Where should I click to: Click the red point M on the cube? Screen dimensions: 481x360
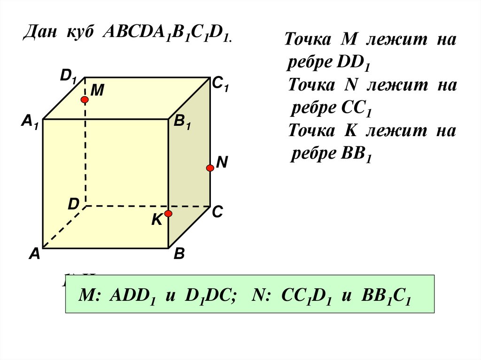[x=85, y=100]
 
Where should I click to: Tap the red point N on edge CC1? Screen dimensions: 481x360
[x=210, y=167]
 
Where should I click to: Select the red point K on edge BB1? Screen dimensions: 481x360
[x=168, y=214]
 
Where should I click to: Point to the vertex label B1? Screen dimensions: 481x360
[x=182, y=123]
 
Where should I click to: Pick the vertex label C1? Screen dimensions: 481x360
[x=220, y=84]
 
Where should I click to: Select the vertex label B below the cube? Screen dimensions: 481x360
[x=179, y=254]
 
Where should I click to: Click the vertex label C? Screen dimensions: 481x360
[x=217, y=212]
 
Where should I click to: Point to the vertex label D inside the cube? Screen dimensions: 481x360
[x=73, y=204]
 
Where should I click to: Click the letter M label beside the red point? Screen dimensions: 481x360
[x=97, y=91]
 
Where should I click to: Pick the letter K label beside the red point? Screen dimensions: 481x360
[x=156, y=220]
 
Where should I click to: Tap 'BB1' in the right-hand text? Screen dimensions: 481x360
[x=353, y=154]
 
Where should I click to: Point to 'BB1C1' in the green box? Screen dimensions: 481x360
[x=387, y=297]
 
